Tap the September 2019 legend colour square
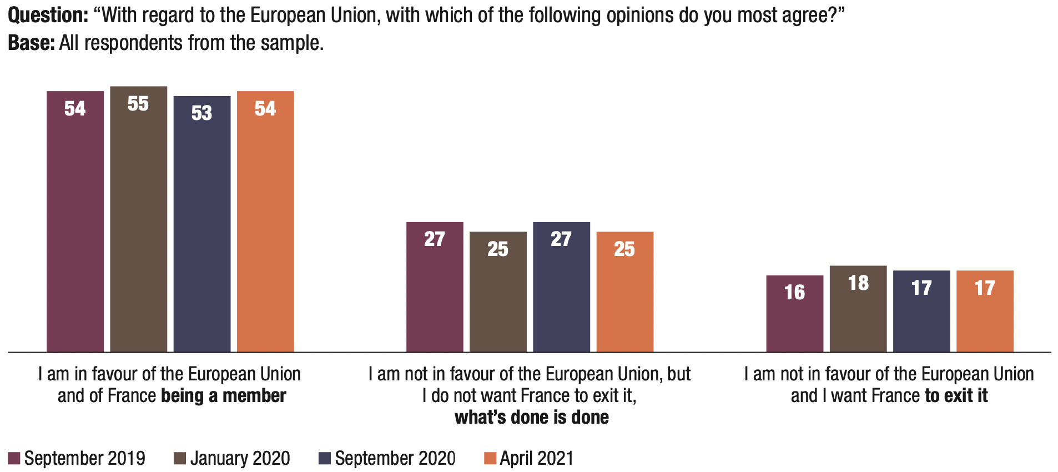coord(14,459)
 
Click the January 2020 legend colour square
coord(180,459)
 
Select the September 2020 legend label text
coord(395,459)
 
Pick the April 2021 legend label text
coord(536,459)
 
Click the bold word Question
coord(48,16)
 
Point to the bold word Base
coord(31,43)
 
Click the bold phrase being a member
coord(223,396)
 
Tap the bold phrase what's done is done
coord(531,418)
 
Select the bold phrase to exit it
coord(956,396)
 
